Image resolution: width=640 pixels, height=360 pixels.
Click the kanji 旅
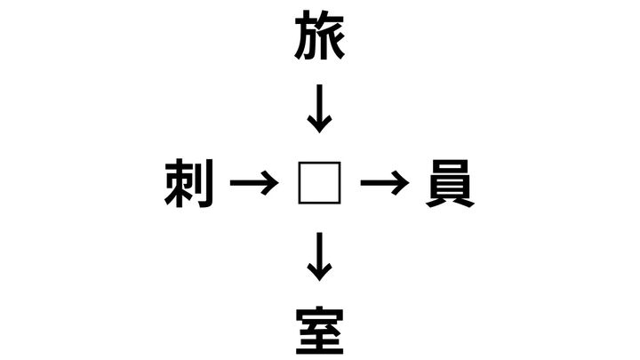tap(320, 35)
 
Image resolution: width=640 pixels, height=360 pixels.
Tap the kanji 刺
tap(189, 183)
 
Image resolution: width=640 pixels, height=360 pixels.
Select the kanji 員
tap(450, 183)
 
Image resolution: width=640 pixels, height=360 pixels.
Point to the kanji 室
tap(320, 331)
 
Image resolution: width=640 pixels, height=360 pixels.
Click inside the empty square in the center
tap(320, 183)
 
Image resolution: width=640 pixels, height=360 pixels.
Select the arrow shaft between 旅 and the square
tap(320, 105)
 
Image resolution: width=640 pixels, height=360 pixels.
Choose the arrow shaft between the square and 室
tap(320, 253)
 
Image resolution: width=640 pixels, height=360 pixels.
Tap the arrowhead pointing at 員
tap(401, 183)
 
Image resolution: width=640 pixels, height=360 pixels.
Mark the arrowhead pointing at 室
tap(320, 273)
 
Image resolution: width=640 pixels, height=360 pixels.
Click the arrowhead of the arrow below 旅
tap(320, 124)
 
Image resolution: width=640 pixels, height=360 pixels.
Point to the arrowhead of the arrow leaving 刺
tap(271, 183)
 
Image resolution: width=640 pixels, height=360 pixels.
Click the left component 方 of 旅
tap(305, 36)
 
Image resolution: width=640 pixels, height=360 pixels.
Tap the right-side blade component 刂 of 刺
tap(205, 183)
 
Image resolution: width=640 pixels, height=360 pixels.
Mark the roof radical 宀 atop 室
tap(320, 314)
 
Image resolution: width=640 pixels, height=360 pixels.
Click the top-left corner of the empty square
tap(299, 162)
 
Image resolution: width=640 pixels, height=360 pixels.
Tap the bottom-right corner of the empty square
tap(340, 204)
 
